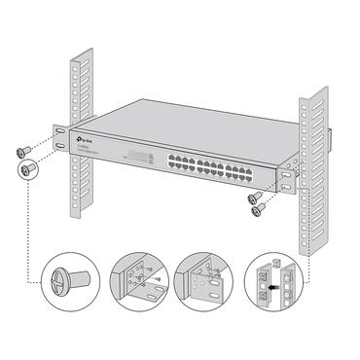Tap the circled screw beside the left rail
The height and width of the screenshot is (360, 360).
click(x=28, y=169)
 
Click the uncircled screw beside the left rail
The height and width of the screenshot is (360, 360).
click(x=22, y=151)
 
